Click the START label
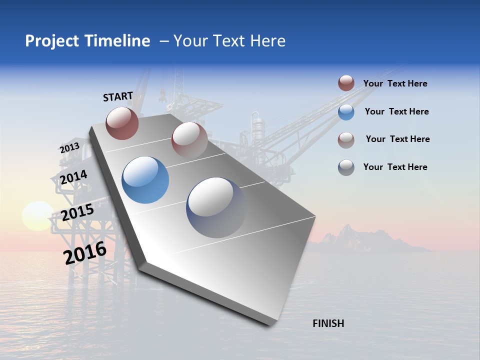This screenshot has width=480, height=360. coord(118,96)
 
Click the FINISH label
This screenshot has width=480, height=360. coord(328,323)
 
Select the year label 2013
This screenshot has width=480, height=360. coord(69,148)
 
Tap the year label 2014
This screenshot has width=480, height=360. coord(73,177)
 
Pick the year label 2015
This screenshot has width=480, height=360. coord(77,212)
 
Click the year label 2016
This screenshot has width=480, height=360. coord(85,253)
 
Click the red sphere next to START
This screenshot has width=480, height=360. coord(122,123)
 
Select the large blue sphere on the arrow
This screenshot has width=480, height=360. coord(145,180)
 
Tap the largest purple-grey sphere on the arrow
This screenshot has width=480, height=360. coord(216,207)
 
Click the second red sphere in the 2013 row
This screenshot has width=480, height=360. coord(189,139)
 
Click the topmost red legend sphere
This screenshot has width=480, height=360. coord(346,83)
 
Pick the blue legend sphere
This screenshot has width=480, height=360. coord(346,112)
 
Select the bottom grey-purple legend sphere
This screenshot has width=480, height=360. coord(346,167)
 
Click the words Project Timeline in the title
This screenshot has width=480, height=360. coord(87,41)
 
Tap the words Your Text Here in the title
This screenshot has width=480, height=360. coord(229,41)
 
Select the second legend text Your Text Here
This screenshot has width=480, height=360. coord(396,111)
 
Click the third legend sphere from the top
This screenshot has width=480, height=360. coord(346,140)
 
